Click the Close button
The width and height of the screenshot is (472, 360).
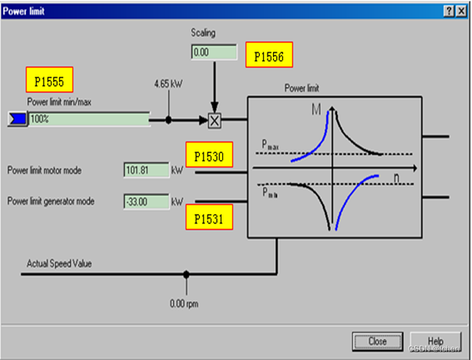[378, 340]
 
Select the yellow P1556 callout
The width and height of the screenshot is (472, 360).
[269, 56]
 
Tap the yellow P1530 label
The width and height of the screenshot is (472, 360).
[209, 156]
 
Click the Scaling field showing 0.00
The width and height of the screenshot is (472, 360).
[213, 52]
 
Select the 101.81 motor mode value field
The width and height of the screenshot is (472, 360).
[146, 170]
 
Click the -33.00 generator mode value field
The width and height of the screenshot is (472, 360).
[146, 201]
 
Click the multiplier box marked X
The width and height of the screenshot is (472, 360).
[215, 119]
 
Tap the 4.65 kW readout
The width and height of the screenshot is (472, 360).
[168, 82]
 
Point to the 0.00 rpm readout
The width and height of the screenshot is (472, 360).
[186, 302]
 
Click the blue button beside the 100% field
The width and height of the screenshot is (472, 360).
[16, 119]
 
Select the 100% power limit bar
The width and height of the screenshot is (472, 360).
[89, 119]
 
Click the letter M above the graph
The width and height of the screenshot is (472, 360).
[316, 112]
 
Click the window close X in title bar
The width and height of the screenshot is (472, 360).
[461, 9]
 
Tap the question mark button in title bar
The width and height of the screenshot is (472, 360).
[449, 9]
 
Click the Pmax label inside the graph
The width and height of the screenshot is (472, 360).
[270, 145]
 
